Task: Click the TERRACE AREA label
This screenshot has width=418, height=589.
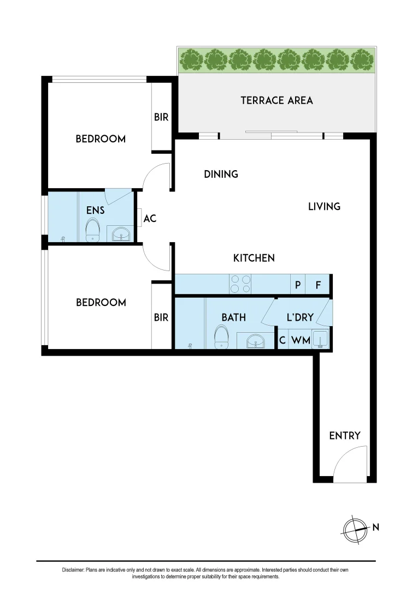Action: [x=276, y=100]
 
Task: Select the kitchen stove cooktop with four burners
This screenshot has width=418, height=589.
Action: [x=241, y=284]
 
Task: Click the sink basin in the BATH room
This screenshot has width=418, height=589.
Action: [x=255, y=342]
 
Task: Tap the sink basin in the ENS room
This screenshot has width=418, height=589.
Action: [x=121, y=235]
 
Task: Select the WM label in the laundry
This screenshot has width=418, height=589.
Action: [x=301, y=340]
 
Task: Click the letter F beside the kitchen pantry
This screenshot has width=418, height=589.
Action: [x=319, y=284]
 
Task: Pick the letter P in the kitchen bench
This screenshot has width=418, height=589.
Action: [x=298, y=284]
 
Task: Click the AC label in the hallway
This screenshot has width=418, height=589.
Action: [x=150, y=219]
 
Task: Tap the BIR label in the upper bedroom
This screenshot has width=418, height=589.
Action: [x=161, y=117]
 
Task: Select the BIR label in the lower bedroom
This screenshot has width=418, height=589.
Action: [x=161, y=317]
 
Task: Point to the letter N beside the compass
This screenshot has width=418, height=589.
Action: [x=375, y=527]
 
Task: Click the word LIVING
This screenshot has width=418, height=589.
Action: [x=324, y=207]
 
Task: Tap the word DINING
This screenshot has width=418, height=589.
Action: [x=221, y=175]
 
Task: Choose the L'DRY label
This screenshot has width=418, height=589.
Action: [x=299, y=317]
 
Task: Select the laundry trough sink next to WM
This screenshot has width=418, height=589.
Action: [x=320, y=338]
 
